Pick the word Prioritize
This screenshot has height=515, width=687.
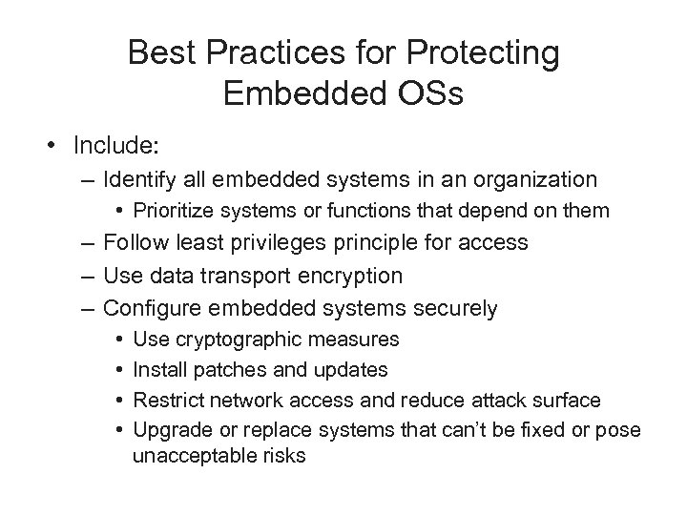pyautogui.click(x=177, y=209)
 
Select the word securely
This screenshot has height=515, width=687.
pyautogui.click(x=453, y=308)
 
